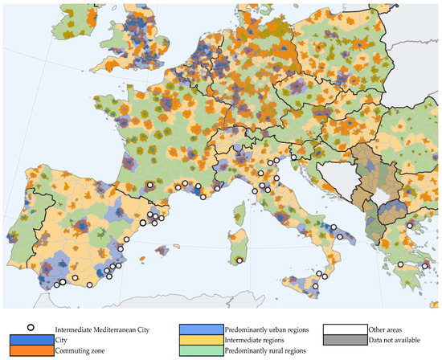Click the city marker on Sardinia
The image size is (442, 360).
tap(239, 260)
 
